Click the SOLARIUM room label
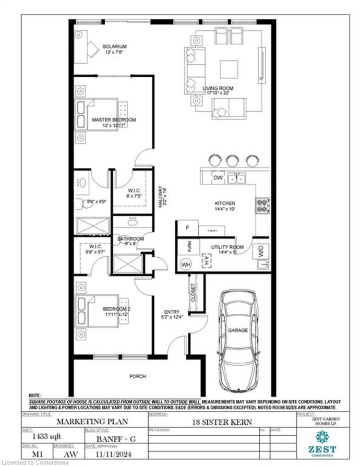pyautogui.click(x=114, y=47)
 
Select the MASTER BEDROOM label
pyautogui.click(x=114, y=119)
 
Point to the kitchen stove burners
pyautogui.click(x=263, y=205)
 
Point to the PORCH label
pyautogui.click(x=137, y=376)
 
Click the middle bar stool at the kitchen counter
pyautogui.click(x=232, y=160)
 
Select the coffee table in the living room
pyautogui.click(x=228, y=68)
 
